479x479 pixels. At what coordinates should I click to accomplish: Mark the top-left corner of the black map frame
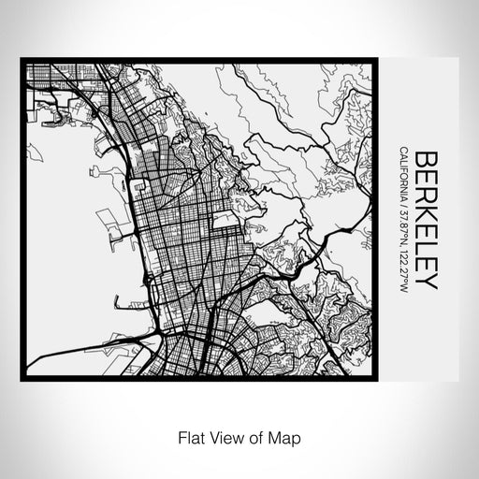22,60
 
